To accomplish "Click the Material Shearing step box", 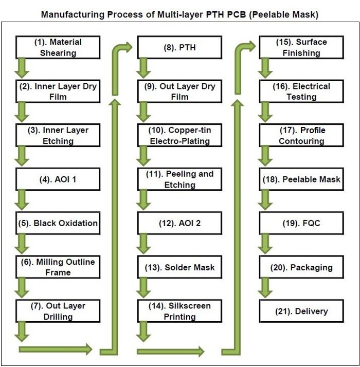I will (x=57, y=47).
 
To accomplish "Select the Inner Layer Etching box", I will (x=57, y=135).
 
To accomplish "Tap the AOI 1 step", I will (x=57, y=180).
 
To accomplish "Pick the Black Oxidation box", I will (x=57, y=224).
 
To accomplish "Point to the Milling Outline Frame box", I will (x=57, y=267).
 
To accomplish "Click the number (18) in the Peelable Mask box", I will (x=273, y=180).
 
